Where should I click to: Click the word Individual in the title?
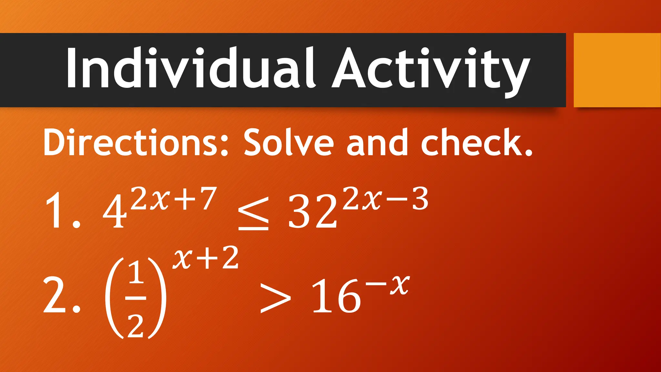[x=190, y=68]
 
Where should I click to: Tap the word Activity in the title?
[x=431, y=69]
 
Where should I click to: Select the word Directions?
[x=136, y=142]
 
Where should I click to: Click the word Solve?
[x=288, y=142]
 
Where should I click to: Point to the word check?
[x=476, y=142]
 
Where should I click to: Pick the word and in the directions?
[x=377, y=142]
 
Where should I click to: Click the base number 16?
[x=336, y=296]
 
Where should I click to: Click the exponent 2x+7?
[x=173, y=199]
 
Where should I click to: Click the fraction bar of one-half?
[x=136, y=298]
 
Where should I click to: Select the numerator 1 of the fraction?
[x=136, y=273]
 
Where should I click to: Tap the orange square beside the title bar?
[x=617, y=70]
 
